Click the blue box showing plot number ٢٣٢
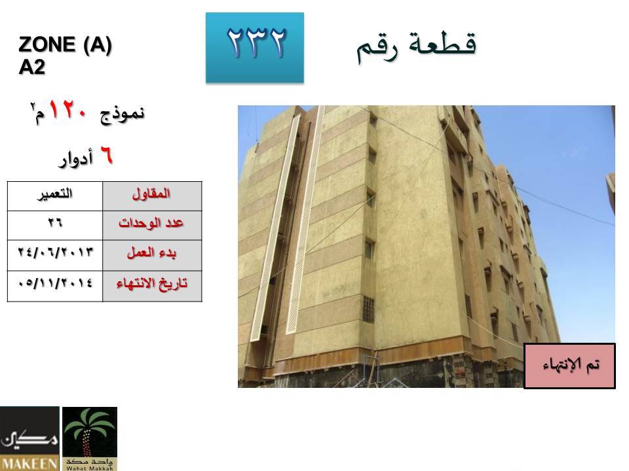tap(255, 48)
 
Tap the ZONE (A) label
tap(65, 44)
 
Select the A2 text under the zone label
tap(31, 67)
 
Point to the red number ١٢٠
tap(67, 109)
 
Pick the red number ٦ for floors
tap(106, 155)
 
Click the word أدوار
tap(76, 159)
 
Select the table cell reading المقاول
tap(152, 196)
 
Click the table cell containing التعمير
tap(55, 196)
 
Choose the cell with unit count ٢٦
tap(55, 225)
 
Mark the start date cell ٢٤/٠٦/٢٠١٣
tap(55, 255)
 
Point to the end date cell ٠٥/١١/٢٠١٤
tap(55, 286)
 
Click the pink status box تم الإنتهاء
tap(569, 366)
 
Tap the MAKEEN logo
tap(29, 438)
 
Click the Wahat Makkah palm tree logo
tap(90, 438)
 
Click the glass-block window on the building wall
tap(368, 309)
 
